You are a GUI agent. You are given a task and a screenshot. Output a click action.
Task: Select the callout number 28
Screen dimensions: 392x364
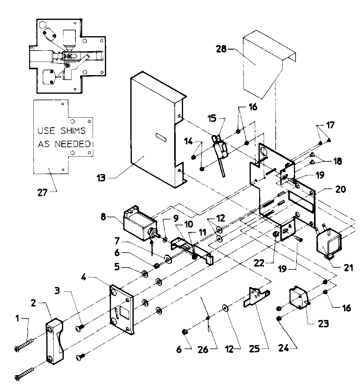[221, 49]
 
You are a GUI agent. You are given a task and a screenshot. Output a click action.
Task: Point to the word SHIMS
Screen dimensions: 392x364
[74, 131]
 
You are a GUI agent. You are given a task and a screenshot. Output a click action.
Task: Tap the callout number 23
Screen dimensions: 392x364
[323, 323]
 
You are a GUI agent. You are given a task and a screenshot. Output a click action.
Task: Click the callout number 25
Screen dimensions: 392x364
[255, 348]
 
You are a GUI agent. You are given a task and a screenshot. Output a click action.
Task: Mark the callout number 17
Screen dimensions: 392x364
[330, 125]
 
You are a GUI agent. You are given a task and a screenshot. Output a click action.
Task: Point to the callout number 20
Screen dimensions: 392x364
[340, 189]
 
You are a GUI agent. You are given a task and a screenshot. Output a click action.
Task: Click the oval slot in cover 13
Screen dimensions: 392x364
[161, 137]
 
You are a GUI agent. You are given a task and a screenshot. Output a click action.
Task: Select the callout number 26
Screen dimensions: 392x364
[203, 349]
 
